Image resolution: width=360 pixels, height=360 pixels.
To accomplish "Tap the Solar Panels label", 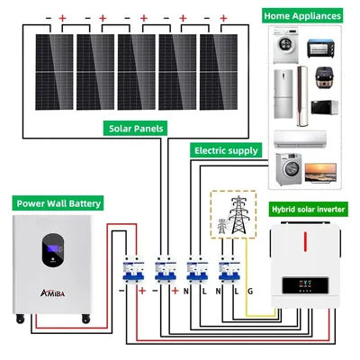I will (x=137, y=129).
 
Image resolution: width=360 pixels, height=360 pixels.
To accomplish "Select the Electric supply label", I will (x=225, y=150).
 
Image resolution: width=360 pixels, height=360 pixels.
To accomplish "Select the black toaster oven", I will (x=321, y=46).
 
